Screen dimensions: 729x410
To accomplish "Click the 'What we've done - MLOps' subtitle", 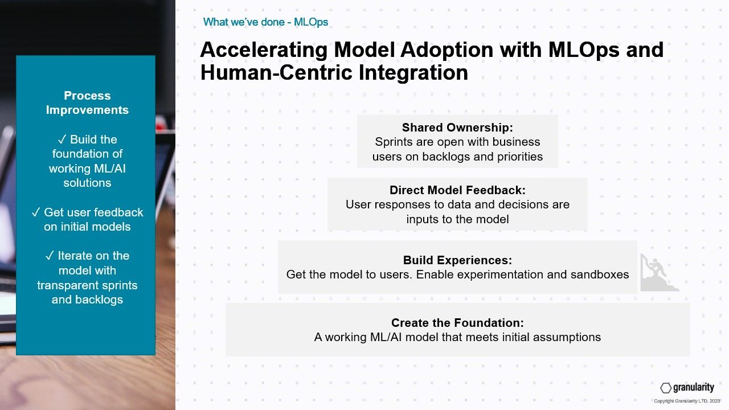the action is tap(265, 22).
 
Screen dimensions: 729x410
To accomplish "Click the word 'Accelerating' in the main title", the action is tap(264, 50).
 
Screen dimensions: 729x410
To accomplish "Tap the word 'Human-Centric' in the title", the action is tap(276, 72).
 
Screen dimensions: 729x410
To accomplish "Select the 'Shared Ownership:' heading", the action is tap(457, 128).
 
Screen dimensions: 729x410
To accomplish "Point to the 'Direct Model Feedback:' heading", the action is tap(457, 190).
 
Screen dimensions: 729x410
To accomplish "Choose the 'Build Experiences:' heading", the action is tap(457, 260).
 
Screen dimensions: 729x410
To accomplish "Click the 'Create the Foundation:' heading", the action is tap(457, 323).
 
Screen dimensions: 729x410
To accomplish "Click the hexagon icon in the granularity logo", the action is tap(666, 388).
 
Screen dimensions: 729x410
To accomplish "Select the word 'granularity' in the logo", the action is tap(694, 387).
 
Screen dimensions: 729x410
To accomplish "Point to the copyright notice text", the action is tap(687, 401).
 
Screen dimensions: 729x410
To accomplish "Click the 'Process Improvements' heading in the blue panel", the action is tap(87, 103).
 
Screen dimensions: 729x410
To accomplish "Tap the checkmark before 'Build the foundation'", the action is tap(62, 140).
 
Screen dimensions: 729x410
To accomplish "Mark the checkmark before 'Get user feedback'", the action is tap(36, 212).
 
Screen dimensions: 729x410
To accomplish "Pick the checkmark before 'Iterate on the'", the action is tap(50, 256).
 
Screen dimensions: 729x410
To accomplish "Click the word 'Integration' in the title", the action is tap(413, 73).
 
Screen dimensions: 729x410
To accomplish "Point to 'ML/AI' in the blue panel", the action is tap(110, 169).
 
